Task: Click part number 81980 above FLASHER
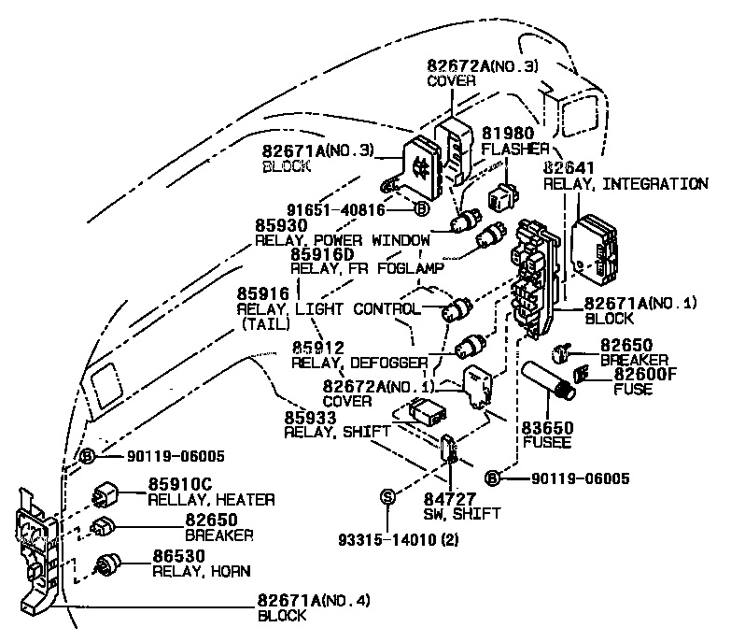[x=508, y=133]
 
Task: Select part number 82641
[x=569, y=168]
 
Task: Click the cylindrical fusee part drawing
[x=551, y=383]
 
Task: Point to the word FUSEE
[x=540, y=443]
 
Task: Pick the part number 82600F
[x=645, y=374]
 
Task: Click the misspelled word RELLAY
[x=173, y=500]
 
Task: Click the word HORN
[x=230, y=571]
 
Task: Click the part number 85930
[x=282, y=225]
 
